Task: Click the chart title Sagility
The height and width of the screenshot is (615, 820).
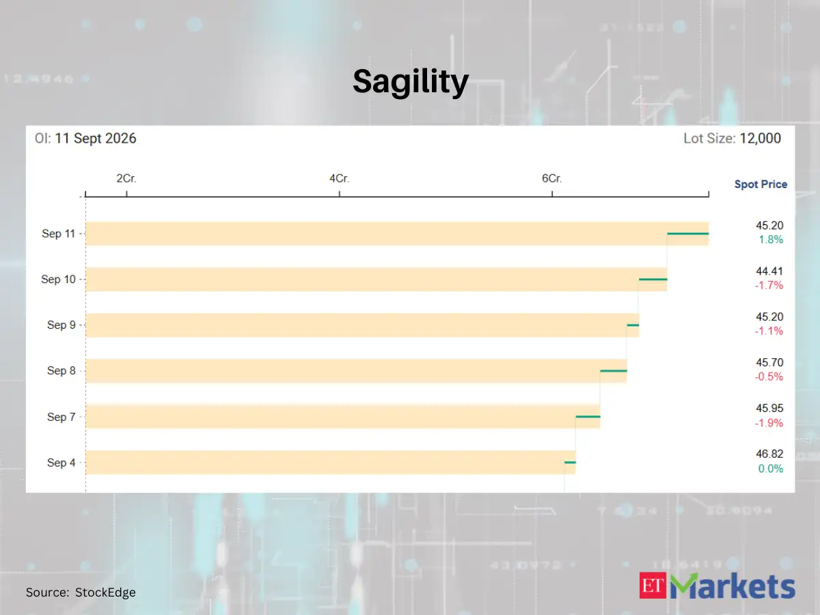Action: tap(410, 82)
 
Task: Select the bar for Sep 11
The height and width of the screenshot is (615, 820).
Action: tap(397, 234)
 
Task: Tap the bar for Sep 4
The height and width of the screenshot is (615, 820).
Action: tap(331, 463)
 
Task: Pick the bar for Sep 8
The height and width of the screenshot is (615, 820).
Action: tap(356, 371)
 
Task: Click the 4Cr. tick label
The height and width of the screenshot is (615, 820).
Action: tap(339, 178)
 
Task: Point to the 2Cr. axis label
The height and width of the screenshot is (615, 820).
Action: tap(126, 178)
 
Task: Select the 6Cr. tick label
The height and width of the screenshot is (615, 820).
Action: tap(551, 178)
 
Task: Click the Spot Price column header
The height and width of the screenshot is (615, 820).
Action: tap(761, 184)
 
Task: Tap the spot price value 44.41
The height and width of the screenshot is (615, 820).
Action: tap(769, 271)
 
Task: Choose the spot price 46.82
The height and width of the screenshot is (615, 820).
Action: tap(769, 454)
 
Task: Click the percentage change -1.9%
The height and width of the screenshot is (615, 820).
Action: tap(769, 423)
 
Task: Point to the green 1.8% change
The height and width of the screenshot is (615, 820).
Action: tap(771, 239)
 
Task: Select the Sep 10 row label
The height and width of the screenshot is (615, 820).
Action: tap(58, 279)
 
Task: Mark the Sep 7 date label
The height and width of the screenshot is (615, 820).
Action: tap(61, 417)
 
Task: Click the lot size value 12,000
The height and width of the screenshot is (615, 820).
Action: tap(761, 138)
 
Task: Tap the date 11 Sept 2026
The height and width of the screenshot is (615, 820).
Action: tap(96, 139)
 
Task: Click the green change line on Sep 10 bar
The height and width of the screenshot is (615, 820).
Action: tap(653, 279)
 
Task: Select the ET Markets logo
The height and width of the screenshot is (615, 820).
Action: tap(717, 586)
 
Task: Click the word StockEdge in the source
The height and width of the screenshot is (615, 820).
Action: tap(105, 592)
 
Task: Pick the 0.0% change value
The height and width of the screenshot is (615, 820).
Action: tap(770, 469)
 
